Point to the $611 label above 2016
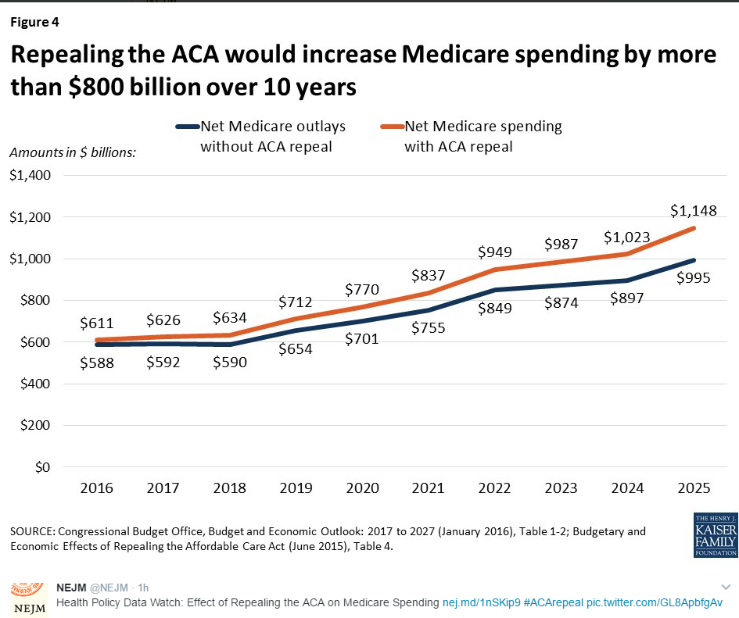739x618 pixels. [x=97, y=322]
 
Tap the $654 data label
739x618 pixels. [x=295, y=349]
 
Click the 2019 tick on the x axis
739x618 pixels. [x=295, y=488]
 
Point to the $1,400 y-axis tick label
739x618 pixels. [x=30, y=175]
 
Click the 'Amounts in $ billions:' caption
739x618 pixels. [x=73, y=152]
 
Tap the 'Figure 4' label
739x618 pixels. [x=34, y=22]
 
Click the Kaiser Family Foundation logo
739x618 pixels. [x=715, y=535]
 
